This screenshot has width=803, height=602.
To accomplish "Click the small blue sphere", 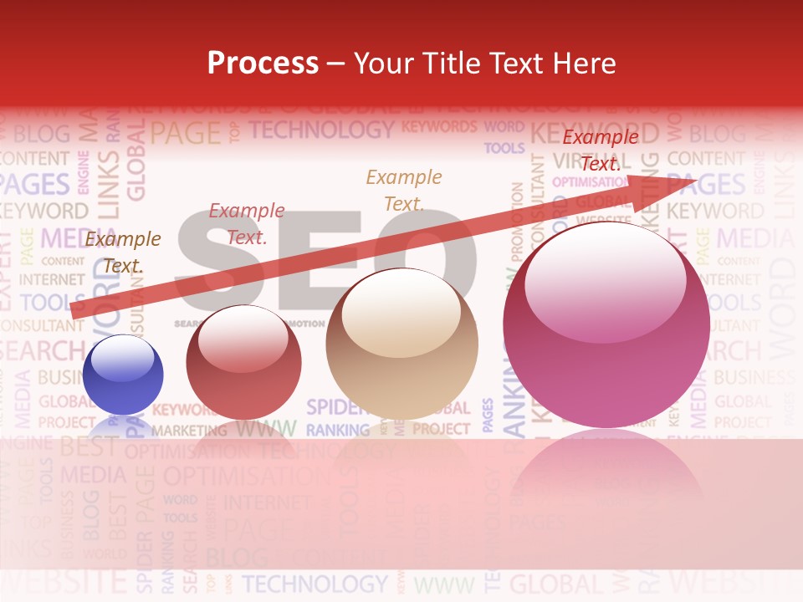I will point(123,375).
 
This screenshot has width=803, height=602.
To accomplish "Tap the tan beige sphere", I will point(402,344).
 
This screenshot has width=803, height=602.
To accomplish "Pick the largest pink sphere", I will point(606,326).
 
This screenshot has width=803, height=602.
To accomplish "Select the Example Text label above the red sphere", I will point(247,224).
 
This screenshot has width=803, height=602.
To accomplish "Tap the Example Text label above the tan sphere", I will point(404,190).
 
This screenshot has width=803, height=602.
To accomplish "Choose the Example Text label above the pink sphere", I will point(600,150).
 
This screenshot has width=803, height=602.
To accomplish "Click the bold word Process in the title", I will point(263,63).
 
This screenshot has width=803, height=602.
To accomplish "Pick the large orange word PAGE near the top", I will point(186,133).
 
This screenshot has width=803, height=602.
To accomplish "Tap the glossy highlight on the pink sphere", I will point(606,280).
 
